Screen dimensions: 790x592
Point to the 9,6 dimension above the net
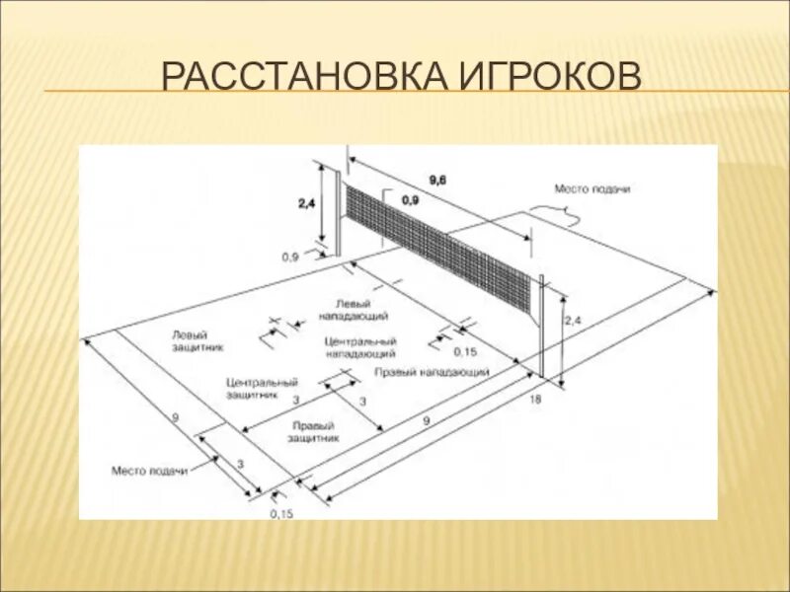(437, 179)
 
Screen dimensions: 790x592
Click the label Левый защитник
(197, 341)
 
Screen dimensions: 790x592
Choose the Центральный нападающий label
(360, 346)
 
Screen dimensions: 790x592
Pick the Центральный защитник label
(262, 387)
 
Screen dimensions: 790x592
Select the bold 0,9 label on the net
(410, 200)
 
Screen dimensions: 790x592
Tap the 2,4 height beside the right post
(574, 322)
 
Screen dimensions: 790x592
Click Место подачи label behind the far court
(592, 187)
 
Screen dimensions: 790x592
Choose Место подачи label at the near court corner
(149, 471)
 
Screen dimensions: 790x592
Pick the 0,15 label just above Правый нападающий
(464, 352)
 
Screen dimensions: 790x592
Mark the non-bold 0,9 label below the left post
(290, 257)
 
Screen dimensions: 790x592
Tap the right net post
(540, 326)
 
